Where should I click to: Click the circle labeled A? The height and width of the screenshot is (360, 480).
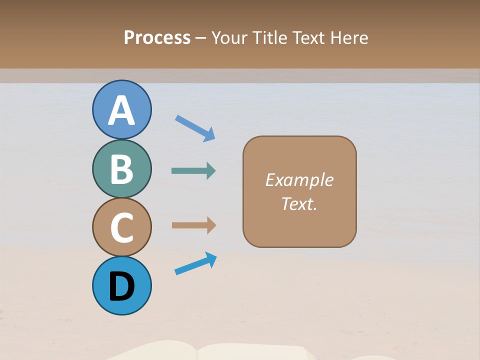(122, 110)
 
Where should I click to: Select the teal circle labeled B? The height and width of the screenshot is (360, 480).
(122, 169)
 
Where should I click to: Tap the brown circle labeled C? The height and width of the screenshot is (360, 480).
(122, 227)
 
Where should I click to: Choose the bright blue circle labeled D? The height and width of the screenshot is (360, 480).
(122, 286)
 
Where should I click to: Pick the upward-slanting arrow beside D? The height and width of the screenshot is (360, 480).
(195, 263)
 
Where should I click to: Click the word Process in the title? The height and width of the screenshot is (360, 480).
(157, 37)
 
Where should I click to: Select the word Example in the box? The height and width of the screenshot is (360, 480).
(299, 180)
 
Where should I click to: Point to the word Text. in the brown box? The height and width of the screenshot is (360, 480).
(299, 203)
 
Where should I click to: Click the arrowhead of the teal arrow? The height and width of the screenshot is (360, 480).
(211, 171)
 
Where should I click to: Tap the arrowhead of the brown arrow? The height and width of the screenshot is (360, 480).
(211, 225)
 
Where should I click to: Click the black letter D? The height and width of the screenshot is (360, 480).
(122, 287)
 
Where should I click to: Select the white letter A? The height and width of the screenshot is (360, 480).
(122, 111)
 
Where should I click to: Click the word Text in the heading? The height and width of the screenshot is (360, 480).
(308, 37)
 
